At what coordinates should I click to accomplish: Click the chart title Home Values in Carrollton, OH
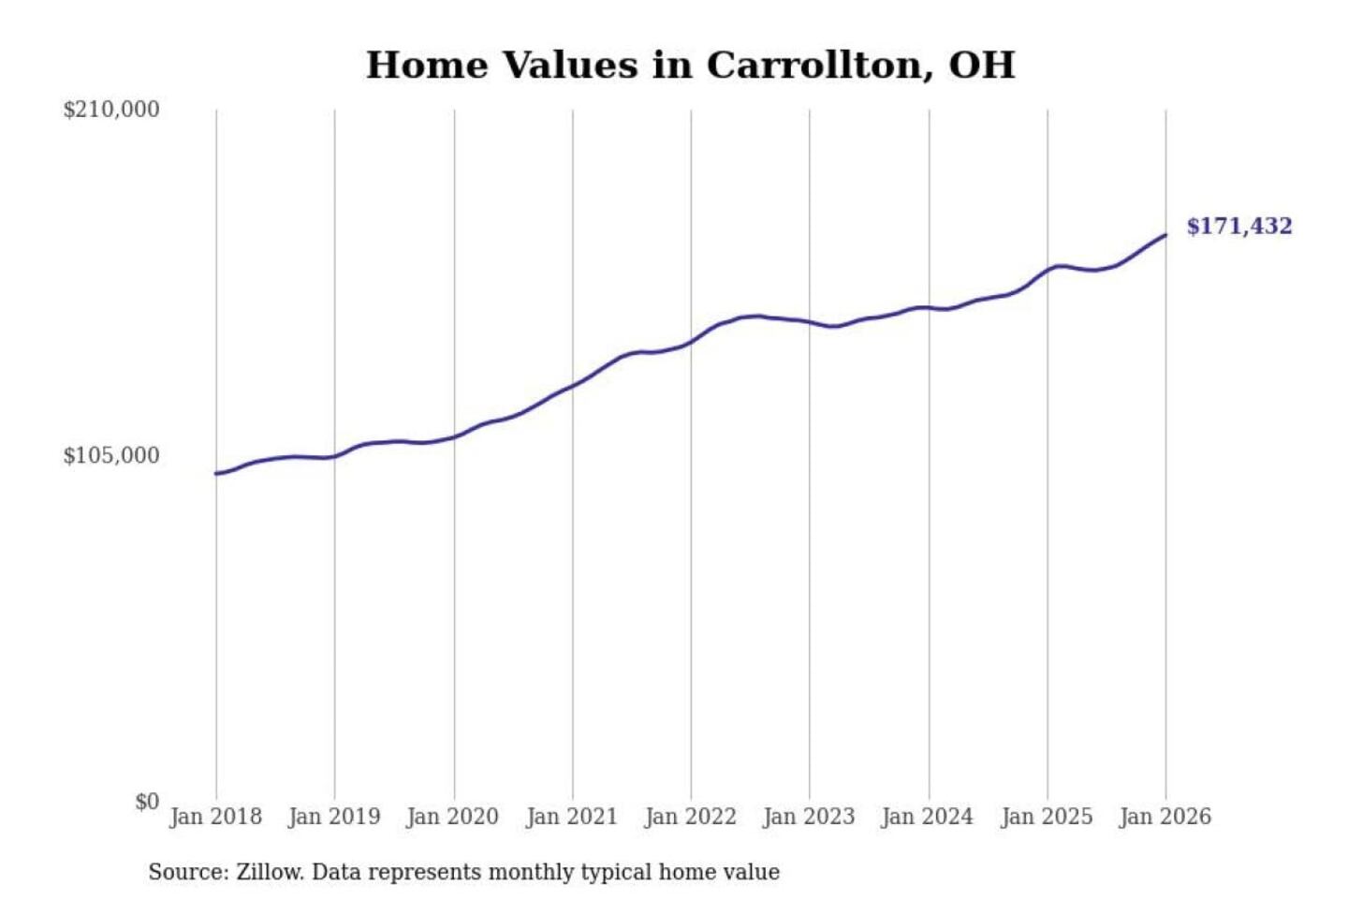click(690, 65)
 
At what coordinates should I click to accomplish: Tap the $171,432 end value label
click(1238, 226)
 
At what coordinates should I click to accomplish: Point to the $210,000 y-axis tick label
click(111, 110)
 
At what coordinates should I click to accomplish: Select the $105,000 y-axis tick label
click(111, 455)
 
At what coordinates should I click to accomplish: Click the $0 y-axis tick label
click(147, 802)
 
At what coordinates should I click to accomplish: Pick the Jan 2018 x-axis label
click(215, 817)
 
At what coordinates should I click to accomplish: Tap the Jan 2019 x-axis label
click(334, 817)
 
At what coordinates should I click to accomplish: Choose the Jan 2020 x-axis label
click(453, 817)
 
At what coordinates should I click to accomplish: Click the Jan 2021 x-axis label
click(572, 817)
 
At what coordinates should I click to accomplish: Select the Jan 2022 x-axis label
click(691, 817)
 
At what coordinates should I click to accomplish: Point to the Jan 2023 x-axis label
click(809, 817)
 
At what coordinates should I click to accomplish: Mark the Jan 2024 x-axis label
click(928, 817)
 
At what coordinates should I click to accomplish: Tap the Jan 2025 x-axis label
click(1047, 817)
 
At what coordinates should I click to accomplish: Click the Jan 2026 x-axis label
click(1165, 817)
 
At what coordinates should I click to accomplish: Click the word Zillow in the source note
click(269, 872)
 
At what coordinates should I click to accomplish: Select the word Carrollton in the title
click(813, 65)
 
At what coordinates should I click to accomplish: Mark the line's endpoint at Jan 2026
click(1165, 235)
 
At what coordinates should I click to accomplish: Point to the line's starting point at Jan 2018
click(216, 474)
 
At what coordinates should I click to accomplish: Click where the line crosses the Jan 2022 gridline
click(692, 341)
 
